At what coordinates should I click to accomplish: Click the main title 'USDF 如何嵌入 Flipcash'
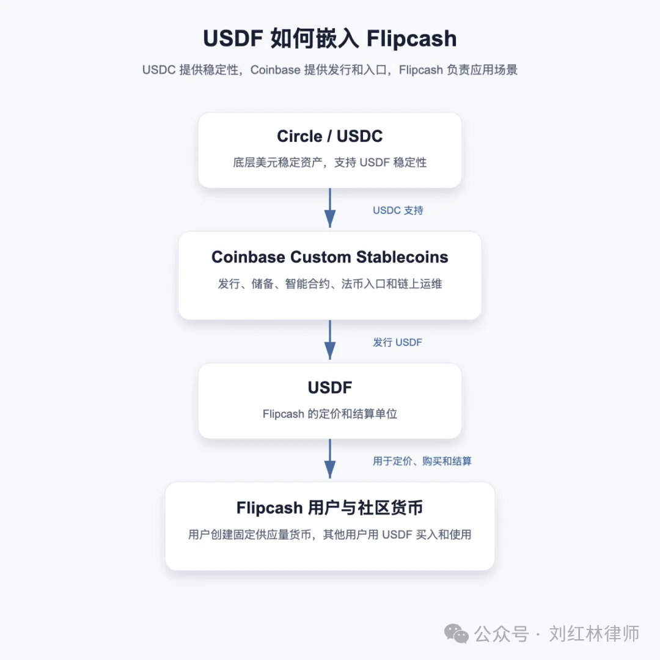tap(330, 38)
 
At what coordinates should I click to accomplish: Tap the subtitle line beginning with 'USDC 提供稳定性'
tap(330, 70)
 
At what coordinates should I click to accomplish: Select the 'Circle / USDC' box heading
tap(330, 136)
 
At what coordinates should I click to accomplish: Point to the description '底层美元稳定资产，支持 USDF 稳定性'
tap(330, 163)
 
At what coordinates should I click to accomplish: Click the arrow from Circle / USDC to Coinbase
tap(330, 208)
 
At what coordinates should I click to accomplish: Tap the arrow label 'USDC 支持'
tap(398, 210)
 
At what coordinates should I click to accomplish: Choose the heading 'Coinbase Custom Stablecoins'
tap(330, 257)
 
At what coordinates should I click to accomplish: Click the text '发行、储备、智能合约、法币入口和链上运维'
tap(330, 284)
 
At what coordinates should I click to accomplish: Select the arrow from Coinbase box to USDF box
tap(330, 340)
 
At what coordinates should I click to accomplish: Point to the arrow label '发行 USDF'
tap(398, 342)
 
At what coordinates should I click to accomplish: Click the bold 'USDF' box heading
tap(330, 387)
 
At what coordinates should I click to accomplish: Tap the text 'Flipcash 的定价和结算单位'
tap(330, 414)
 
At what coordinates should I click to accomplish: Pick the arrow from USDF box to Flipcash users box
tap(330, 459)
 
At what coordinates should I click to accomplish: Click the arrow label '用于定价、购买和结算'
tap(422, 461)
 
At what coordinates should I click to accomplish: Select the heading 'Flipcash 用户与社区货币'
tap(330, 508)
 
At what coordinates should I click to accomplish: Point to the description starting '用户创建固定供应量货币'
tap(330, 535)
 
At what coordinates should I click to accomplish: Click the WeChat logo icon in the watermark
tap(457, 634)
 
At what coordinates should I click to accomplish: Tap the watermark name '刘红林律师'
tap(595, 634)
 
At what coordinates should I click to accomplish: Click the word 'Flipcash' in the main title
tap(412, 38)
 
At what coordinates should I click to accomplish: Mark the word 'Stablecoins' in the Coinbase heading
tap(402, 257)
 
